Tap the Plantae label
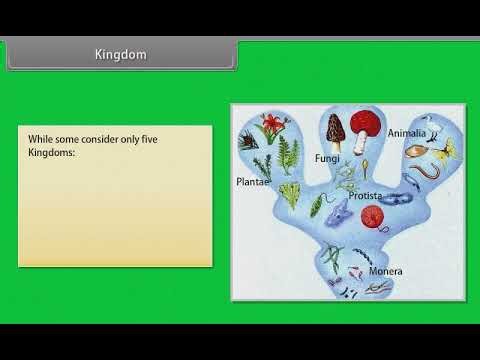(x=252, y=182)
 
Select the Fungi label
(x=328, y=158)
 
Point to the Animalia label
(x=407, y=133)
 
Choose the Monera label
(x=385, y=271)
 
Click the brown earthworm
(x=426, y=178)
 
